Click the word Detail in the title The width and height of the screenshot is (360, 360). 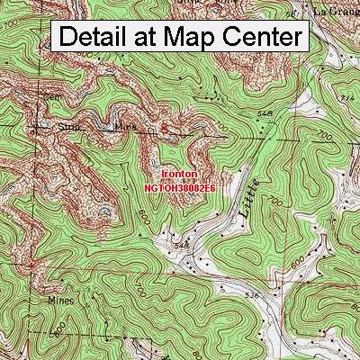pos(97,37)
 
